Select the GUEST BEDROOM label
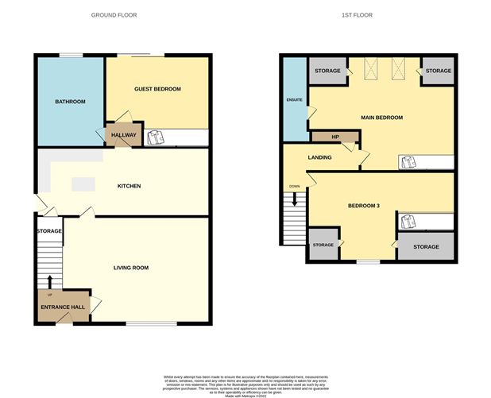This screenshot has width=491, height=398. tap(157, 89)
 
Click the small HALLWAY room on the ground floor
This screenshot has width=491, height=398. tap(124, 135)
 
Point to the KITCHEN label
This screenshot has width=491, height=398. tap(129, 186)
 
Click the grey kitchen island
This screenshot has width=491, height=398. tap(83, 184)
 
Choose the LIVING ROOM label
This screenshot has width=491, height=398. tap(131, 268)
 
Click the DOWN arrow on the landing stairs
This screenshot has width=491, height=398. tap(295, 198)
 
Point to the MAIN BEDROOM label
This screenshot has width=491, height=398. tap(381, 118)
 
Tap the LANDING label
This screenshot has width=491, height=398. tap(320, 157)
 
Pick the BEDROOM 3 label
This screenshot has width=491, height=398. tap(363, 206)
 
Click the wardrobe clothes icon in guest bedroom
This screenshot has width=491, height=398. tap(156, 137)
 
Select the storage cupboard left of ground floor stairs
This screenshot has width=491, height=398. tap(48, 231)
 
